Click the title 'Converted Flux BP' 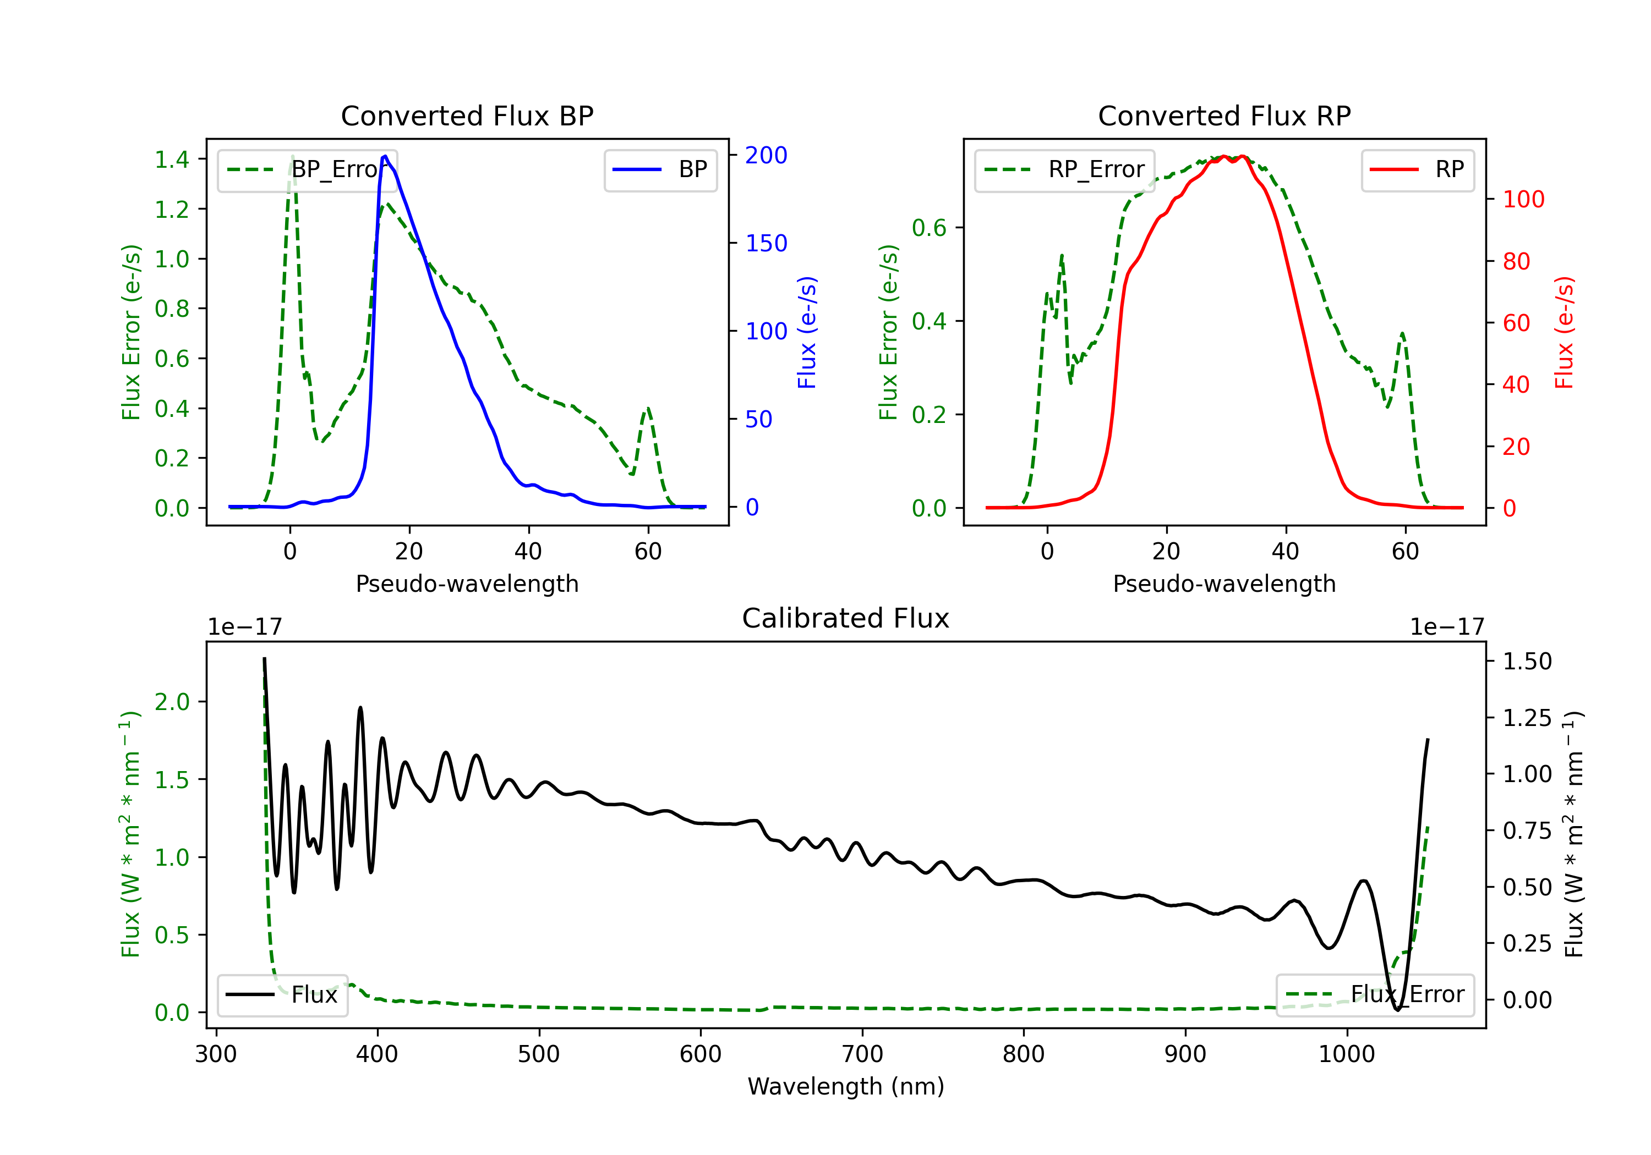point(467,116)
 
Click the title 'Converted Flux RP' point(1224,116)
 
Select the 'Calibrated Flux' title point(846,618)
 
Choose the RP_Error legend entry point(1064,169)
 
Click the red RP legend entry point(1417,169)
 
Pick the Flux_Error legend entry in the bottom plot point(1375,995)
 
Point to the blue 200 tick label point(766,155)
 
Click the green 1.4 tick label point(172,159)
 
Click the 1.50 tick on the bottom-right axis point(1527,661)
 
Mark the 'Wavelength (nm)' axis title point(846,1087)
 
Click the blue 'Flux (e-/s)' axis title point(807,332)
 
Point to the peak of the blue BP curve point(385,156)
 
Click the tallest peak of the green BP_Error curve point(292,156)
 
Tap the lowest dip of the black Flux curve point(1398,1010)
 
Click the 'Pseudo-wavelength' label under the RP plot point(1224,584)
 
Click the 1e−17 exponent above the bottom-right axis point(1447,627)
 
